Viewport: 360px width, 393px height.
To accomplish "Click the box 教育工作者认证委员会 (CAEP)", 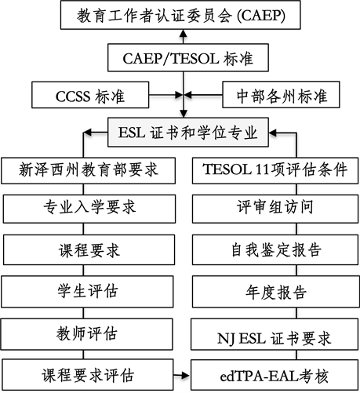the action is coord(180,15).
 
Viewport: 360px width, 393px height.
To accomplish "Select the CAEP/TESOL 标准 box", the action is coord(188,58).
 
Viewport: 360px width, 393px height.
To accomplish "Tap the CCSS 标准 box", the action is coord(90,95).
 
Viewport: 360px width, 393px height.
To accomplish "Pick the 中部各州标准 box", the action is coord(281,95).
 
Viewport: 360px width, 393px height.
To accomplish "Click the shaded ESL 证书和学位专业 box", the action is coord(188,132).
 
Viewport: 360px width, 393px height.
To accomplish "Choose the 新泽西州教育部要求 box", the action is coord(89,170).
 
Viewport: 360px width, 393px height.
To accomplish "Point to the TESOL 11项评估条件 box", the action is coord(275,170).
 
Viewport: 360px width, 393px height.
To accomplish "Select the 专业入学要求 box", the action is coord(89,209).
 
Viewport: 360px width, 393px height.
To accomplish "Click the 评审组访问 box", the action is coord(275,209).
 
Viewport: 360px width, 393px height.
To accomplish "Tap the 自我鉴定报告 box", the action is coord(275,249).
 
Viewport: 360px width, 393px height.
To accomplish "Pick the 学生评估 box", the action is coord(87,292).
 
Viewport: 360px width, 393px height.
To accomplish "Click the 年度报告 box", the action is coord(275,292).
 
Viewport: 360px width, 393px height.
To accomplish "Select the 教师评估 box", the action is coord(87,334).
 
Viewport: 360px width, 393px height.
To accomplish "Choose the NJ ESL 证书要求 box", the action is coord(275,334).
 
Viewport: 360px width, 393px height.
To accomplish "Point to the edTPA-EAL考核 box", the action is coord(275,375).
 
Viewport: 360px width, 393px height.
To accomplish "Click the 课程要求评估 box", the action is coord(88,375).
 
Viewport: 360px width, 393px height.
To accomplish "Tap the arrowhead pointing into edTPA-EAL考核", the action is coord(185,376).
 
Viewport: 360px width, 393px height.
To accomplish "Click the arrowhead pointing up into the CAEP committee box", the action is coord(184,33).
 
